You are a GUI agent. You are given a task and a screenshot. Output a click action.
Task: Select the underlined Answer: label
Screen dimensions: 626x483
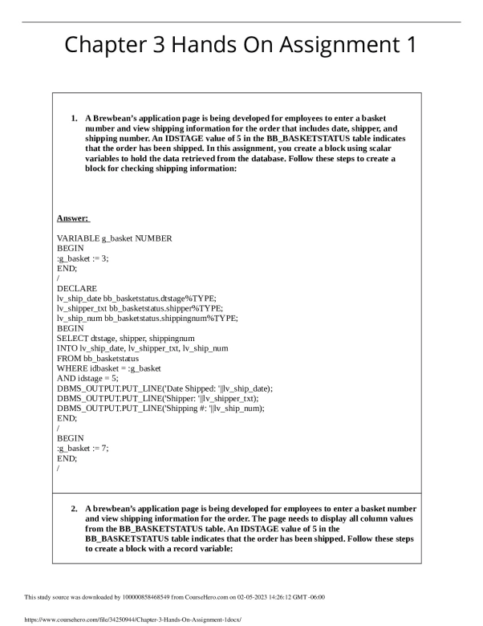[x=73, y=218]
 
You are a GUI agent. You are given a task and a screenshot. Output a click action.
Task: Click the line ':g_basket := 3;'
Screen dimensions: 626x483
[x=83, y=258]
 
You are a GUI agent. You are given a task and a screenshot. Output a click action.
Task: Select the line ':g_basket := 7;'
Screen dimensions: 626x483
[x=83, y=445]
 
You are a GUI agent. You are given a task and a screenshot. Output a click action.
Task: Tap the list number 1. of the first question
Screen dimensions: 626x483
[x=75, y=119]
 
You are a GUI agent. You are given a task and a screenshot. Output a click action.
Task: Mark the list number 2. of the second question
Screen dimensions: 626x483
[x=75, y=510]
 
